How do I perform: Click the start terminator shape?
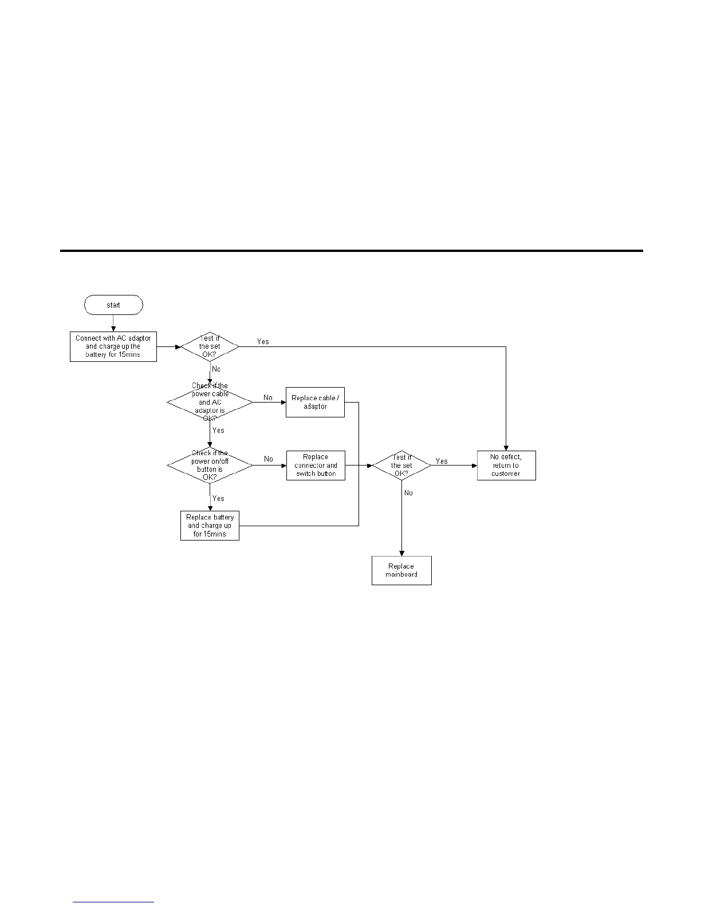click(x=113, y=305)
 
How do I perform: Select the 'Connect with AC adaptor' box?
click(x=113, y=346)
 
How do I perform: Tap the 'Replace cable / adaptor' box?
click(x=315, y=402)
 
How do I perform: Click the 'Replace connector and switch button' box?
click(x=316, y=466)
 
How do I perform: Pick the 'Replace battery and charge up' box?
click(x=210, y=526)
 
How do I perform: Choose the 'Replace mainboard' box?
click(x=401, y=570)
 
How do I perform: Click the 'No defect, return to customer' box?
click(x=506, y=466)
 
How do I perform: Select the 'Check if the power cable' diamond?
click(x=210, y=402)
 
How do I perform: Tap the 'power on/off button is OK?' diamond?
click(x=210, y=465)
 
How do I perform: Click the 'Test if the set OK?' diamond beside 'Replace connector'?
click(x=401, y=465)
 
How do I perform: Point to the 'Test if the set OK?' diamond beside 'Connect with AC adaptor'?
click(x=210, y=346)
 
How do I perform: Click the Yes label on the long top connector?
click(x=263, y=341)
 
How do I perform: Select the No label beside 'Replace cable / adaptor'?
click(x=268, y=397)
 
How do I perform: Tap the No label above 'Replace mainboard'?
click(x=408, y=493)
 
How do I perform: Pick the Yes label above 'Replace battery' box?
click(x=218, y=499)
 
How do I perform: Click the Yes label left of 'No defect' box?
click(x=442, y=461)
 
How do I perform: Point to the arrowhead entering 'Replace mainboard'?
click(x=401, y=553)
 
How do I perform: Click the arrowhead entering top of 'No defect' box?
click(x=506, y=447)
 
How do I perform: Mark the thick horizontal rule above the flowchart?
click(x=352, y=251)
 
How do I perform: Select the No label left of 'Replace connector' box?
click(x=269, y=459)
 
